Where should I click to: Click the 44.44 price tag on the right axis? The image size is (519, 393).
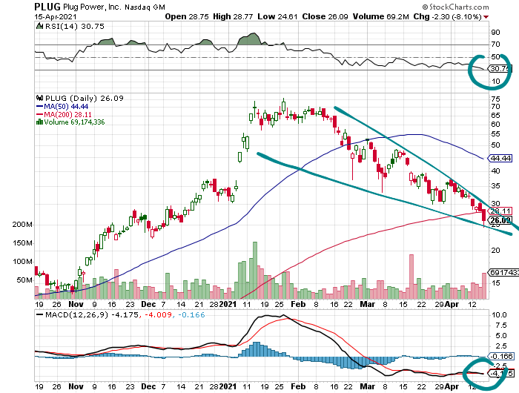point(501,159)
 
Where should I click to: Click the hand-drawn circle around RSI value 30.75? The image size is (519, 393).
point(486,69)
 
